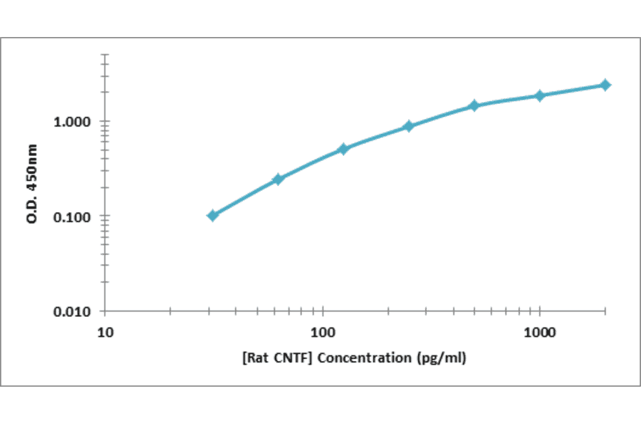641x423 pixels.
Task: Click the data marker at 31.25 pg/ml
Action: [212, 215]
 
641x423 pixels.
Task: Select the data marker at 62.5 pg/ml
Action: [278, 179]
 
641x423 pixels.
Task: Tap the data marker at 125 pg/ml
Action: [343, 149]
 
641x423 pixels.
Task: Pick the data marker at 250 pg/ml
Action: [408, 126]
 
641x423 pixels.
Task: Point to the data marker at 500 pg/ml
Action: [474, 105]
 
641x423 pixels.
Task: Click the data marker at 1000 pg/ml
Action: [539, 95]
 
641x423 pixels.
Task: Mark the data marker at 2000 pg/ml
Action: [605, 85]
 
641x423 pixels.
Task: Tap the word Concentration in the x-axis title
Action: [364, 357]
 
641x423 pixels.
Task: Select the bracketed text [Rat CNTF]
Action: [277, 357]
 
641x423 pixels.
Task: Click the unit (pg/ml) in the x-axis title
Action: [441, 357]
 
